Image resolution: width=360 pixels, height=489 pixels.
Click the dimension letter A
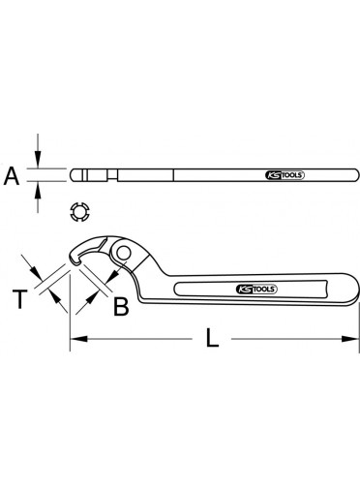pyautogui.click(x=12, y=176)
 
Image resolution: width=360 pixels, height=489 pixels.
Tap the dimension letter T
pyautogui.click(x=20, y=299)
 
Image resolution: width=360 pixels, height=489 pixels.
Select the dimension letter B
pyautogui.click(x=121, y=306)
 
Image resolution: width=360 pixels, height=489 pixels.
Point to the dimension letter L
pyautogui.click(x=212, y=338)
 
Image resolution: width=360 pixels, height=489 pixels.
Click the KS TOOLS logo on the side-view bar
pyautogui.click(x=285, y=175)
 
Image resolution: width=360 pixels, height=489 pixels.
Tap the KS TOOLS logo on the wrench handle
pyautogui.click(x=256, y=289)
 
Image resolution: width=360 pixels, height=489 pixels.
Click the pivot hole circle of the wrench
pyautogui.click(x=124, y=253)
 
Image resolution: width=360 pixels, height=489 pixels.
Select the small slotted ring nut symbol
pyautogui.click(x=79, y=212)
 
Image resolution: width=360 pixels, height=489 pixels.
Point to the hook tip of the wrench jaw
pyautogui.click(x=75, y=262)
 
